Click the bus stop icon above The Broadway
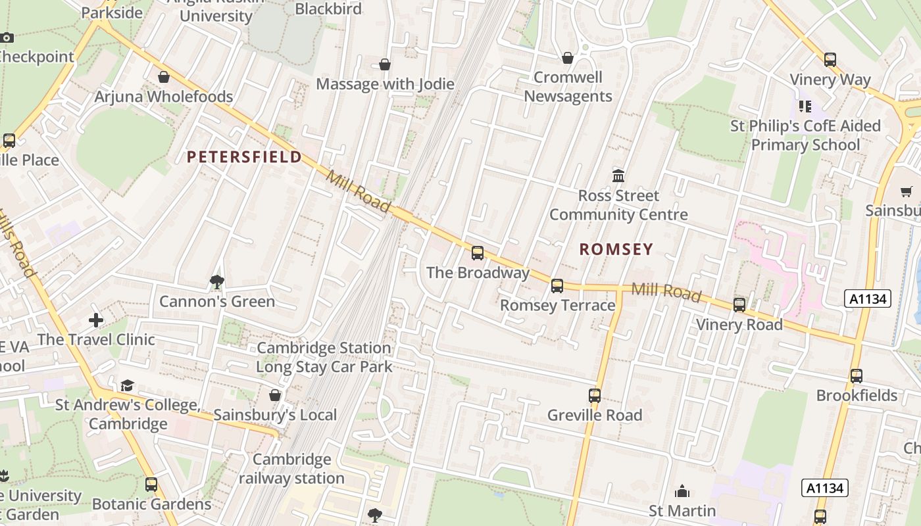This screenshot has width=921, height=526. coord(478,252)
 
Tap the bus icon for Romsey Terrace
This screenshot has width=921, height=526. coord(557,285)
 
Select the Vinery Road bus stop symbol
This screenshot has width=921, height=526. coord(739,304)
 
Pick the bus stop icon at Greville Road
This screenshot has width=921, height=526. coord(595,395)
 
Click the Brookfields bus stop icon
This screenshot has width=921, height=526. coord(856,375)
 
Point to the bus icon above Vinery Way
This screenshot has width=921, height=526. coord(830,60)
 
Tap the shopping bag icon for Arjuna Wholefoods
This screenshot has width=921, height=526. coord(164,77)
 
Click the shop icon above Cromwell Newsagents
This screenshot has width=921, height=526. coord(568,58)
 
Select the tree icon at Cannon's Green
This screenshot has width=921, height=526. coord(216,282)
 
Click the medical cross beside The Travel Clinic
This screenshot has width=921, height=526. coord(96,320)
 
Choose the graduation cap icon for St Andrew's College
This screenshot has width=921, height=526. coord(127,385)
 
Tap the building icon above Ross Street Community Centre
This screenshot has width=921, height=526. coord(618,176)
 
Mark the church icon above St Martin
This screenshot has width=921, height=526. coord(682,491)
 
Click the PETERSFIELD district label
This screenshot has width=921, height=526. coord(244,157)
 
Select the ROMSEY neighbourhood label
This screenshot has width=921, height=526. coord(616,249)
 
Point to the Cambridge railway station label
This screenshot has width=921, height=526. coord(291,469)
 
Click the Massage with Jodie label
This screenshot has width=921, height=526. coord(386,84)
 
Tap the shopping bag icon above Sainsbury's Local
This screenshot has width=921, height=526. coord(275,395)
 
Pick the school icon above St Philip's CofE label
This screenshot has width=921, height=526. coord(805,106)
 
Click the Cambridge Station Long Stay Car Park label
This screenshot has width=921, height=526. coord(324,357)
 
